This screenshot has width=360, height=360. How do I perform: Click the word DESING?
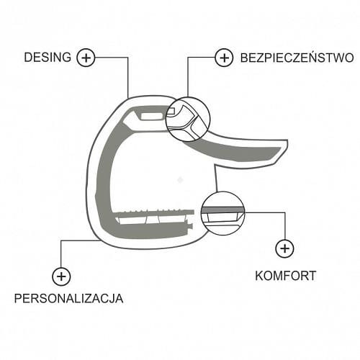coord(48,58)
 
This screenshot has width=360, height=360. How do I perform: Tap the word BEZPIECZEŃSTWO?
coord(297,58)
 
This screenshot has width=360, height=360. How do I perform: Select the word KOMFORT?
coord(285,276)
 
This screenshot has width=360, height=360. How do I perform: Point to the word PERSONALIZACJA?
coord(68,298)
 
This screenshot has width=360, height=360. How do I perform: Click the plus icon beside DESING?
coord(86,58)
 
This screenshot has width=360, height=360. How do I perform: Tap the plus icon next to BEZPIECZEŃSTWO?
coord(224,58)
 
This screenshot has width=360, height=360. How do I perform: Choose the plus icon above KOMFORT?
coord(284,248)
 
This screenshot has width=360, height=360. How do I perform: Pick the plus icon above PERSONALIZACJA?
coord(61,276)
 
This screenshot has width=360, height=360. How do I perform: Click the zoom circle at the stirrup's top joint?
coord(188,97)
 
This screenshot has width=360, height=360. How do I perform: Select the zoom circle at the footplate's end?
coord(222,192)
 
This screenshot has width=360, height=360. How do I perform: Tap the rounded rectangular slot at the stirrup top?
coord(153,116)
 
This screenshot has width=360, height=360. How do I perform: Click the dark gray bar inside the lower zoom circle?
coord(222,210)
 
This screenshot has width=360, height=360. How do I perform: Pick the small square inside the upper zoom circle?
coord(171,111)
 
